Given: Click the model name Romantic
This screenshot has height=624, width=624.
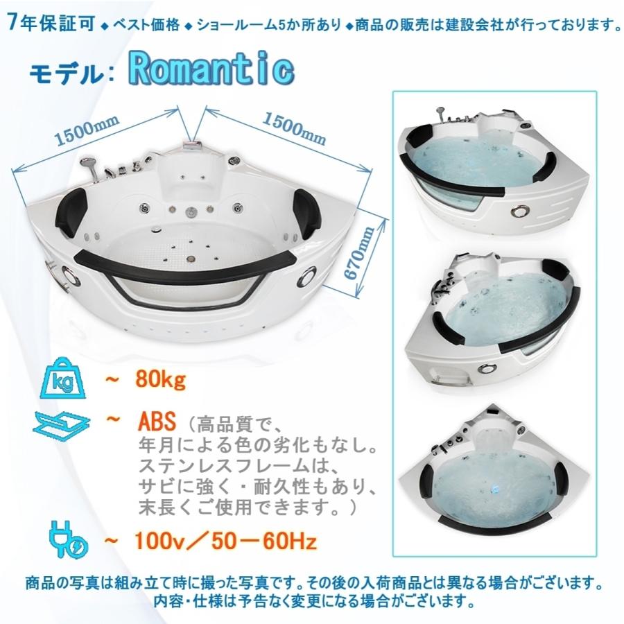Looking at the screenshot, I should click(211, 69).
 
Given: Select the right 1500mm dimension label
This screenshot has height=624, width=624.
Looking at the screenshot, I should click(293, 127).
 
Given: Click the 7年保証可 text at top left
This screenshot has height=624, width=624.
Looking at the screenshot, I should click(46, 22).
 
